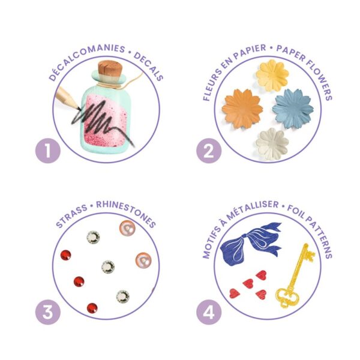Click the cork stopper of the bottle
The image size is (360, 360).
point(110,68)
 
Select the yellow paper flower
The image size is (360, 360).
point(272,75)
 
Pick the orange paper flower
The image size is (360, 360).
point(242,109)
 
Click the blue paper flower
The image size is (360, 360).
point(293,109)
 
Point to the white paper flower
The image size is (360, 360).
point(272,144)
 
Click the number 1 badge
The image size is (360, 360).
point(48,151)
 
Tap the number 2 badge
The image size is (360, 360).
point(209,151)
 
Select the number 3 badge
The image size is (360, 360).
point(48,312)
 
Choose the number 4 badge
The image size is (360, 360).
point(209,312)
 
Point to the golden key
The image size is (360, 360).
point(295,275)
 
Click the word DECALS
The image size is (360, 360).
point(149,66)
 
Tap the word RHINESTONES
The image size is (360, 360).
point(126,212)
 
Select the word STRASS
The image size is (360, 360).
point(71,216)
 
